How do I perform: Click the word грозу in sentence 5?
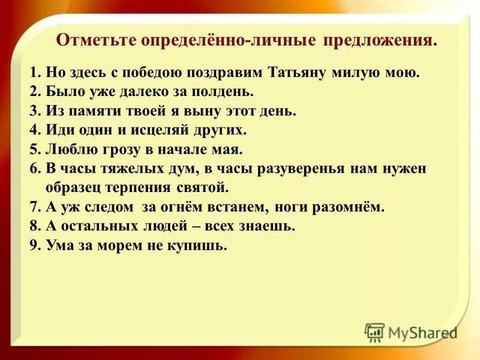tap(118, 149)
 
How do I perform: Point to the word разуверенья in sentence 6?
tap(301, 168)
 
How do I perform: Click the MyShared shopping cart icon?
tap(375, 331)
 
